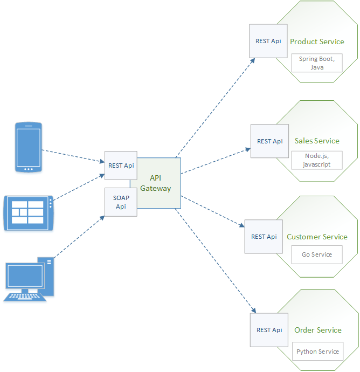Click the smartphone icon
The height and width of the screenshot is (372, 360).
tap(29, 147)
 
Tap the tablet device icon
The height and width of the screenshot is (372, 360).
tap(29, 213)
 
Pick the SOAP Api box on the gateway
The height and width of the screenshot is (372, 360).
tap(121, 202)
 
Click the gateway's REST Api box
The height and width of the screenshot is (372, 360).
tap(121, 166)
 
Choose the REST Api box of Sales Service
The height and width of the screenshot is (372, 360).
tap(269, 141)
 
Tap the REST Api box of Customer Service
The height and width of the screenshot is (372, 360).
tap(264, 236)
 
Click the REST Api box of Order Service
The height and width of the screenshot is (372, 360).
tap(269, 330)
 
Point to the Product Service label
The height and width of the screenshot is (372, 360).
tap(317, 42)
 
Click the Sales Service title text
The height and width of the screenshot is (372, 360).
tap(317, 141)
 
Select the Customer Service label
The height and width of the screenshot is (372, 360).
tap(317, 237)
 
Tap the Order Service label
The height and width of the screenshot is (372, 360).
tap(318, 330)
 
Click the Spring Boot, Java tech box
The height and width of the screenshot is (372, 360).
tap(317, 63)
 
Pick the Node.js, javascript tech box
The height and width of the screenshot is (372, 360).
tap(317, 160)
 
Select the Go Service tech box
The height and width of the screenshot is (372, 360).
tap(317, 254)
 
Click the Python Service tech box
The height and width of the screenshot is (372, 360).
tap(317, 352)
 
